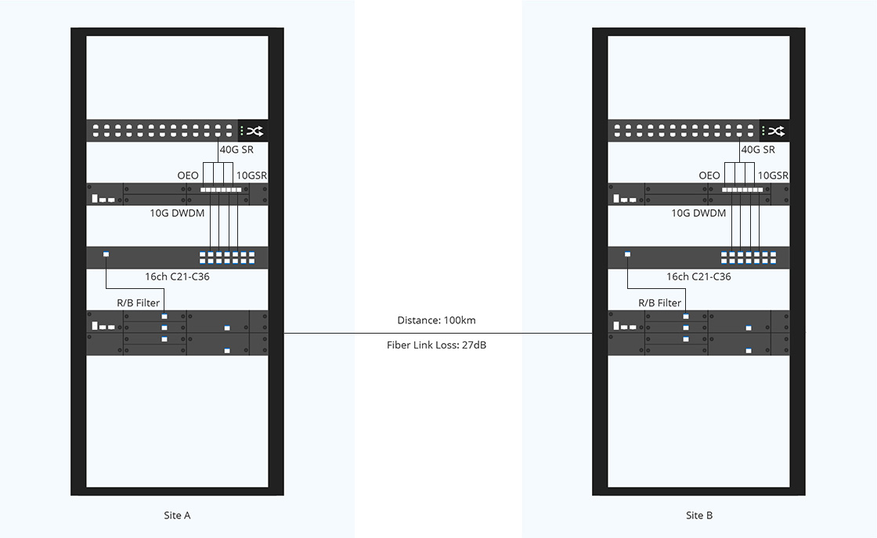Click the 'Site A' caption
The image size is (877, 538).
177,515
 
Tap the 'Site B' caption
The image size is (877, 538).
699,515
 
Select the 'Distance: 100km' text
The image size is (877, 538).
436,320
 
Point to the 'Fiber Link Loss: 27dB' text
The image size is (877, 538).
436,345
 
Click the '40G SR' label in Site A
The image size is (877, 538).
236,150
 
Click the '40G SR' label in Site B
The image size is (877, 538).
758,150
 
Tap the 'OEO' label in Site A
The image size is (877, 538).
188,175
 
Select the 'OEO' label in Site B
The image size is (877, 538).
709,175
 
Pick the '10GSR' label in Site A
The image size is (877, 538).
251,175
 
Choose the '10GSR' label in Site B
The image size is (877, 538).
773,175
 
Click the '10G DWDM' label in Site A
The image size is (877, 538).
177,213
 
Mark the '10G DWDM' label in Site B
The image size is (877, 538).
698,213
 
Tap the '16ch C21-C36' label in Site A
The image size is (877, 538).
177,276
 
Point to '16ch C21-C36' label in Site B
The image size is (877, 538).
698,276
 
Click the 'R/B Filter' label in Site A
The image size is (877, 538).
138,303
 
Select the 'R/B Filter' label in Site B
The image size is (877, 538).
660,303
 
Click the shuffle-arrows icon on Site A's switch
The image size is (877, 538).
254,131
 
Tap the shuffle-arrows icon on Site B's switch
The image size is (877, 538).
776,131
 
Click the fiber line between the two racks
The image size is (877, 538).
438,334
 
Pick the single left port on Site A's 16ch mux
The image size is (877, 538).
106,255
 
